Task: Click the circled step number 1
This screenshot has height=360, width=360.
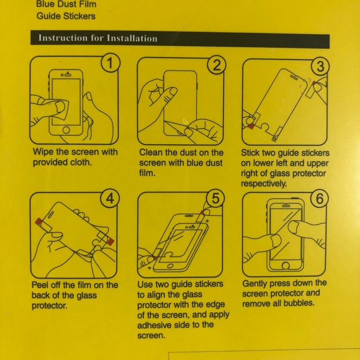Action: coord(110,63)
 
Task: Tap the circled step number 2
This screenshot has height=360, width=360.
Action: coord(215,65)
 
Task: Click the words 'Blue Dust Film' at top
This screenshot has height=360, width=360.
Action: coord(66,4)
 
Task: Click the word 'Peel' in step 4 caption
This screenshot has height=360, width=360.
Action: coord(41,285)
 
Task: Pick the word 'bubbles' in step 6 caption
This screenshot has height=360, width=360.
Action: coord(299,304)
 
